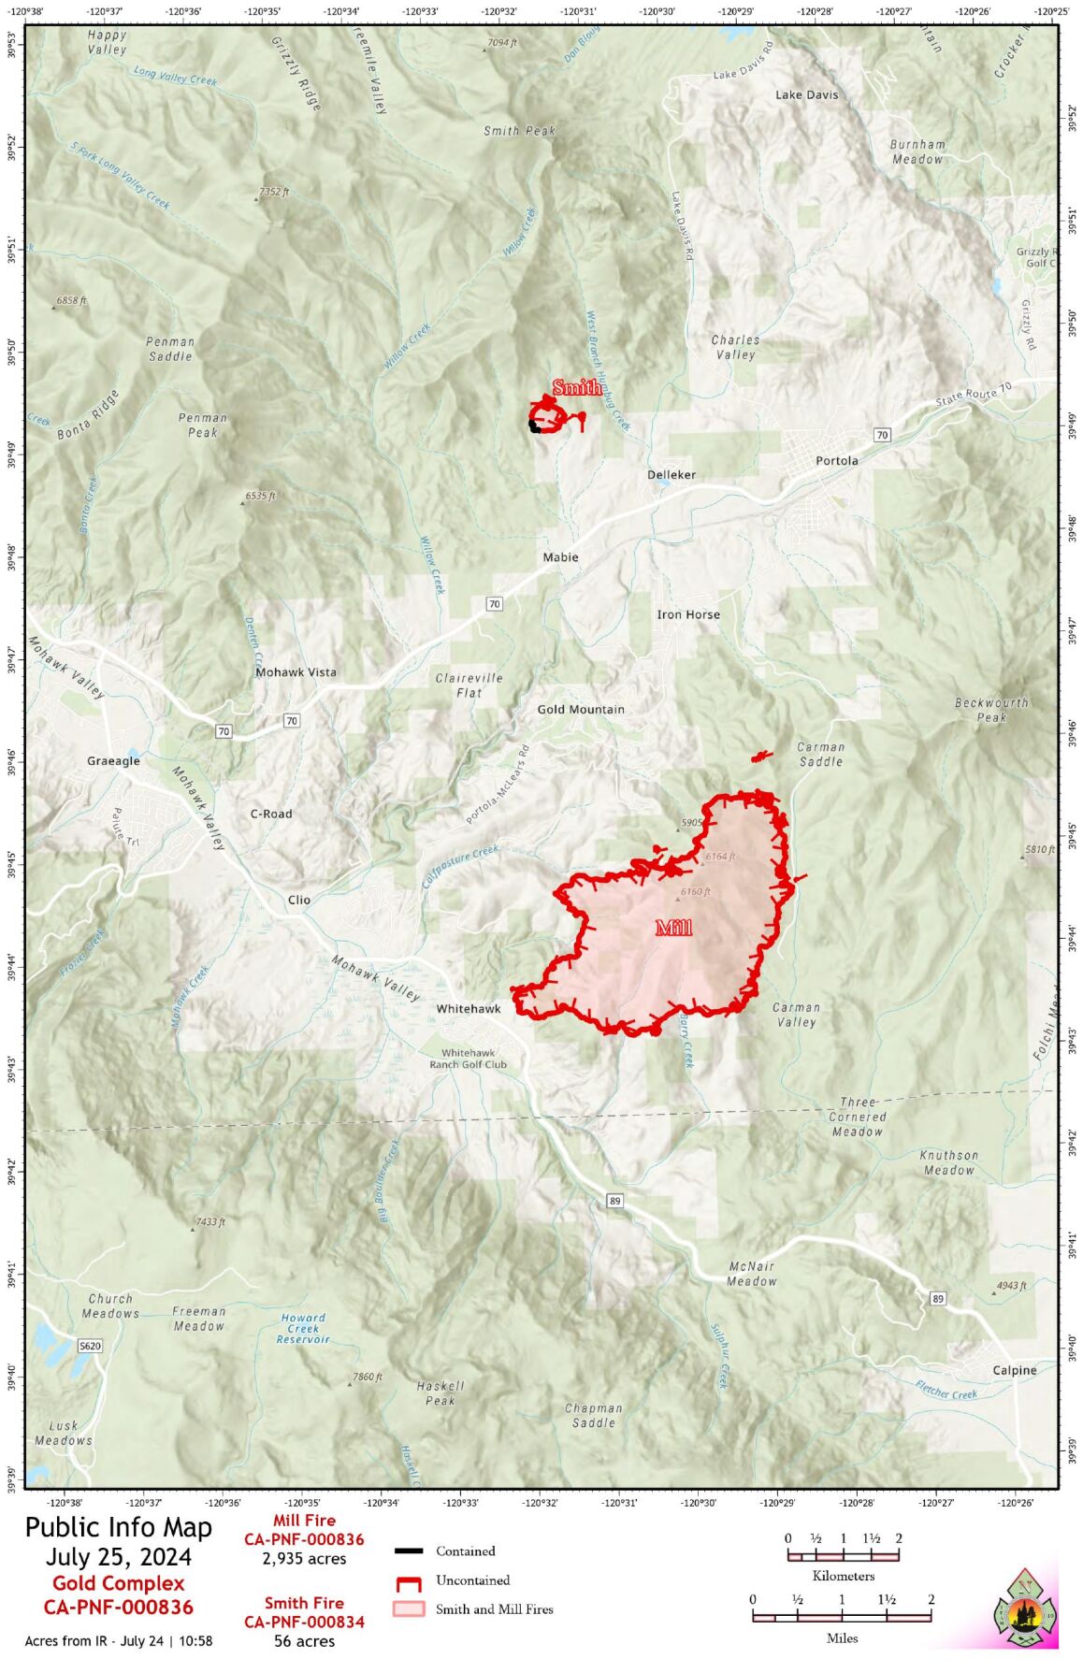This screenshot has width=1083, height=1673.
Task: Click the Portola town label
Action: (x=835, y=460)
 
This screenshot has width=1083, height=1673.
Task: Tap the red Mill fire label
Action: (x=673, y=928)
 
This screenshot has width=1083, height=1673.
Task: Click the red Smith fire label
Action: (x=576, y=387)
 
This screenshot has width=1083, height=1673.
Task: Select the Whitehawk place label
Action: (x=469, y=1008)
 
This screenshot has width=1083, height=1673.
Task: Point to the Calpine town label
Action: (x=1014, y=1370)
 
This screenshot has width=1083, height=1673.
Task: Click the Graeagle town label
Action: (x=113, y=761)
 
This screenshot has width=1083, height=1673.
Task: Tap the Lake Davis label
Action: (x=806, y=94)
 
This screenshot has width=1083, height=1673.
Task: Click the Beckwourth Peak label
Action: (x=990, y=710)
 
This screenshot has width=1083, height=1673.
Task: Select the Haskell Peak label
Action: (x=440, y=1393)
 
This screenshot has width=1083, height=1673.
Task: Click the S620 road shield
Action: (x=89, y=1346)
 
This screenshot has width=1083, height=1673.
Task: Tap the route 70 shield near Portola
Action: (x=881, y=435)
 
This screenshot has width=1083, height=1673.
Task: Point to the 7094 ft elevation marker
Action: (x=501, y=43)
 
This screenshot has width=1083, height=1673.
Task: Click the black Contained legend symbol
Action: (x=409, y=1550)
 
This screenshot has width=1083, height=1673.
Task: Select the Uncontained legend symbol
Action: (x=408, y=1583)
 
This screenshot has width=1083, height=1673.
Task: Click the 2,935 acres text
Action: (x=304, y=1559)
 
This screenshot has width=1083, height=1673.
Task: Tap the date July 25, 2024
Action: (x=119, y=1557)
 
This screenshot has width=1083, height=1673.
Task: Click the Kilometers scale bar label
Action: (x=843, y=1576)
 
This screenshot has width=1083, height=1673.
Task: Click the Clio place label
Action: (x=298, y=900)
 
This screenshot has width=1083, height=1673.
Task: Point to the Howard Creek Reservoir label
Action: (x=303, y=1328)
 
